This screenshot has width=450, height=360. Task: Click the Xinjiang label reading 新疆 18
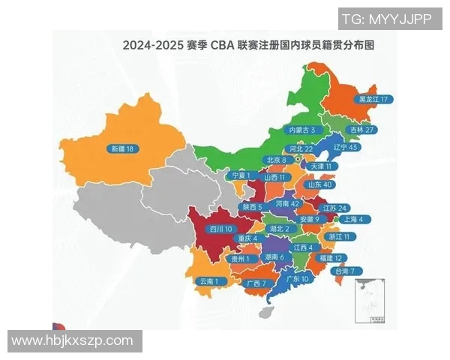coord(122,148)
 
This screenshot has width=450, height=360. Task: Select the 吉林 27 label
coord(365,129)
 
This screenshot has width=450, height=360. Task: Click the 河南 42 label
coord(286,203)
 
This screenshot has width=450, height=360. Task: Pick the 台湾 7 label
coord(348,271)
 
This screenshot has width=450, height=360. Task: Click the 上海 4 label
coord(352,220)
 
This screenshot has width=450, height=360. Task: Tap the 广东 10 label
coord(298,278)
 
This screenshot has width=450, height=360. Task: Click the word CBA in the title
coord(222,45)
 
